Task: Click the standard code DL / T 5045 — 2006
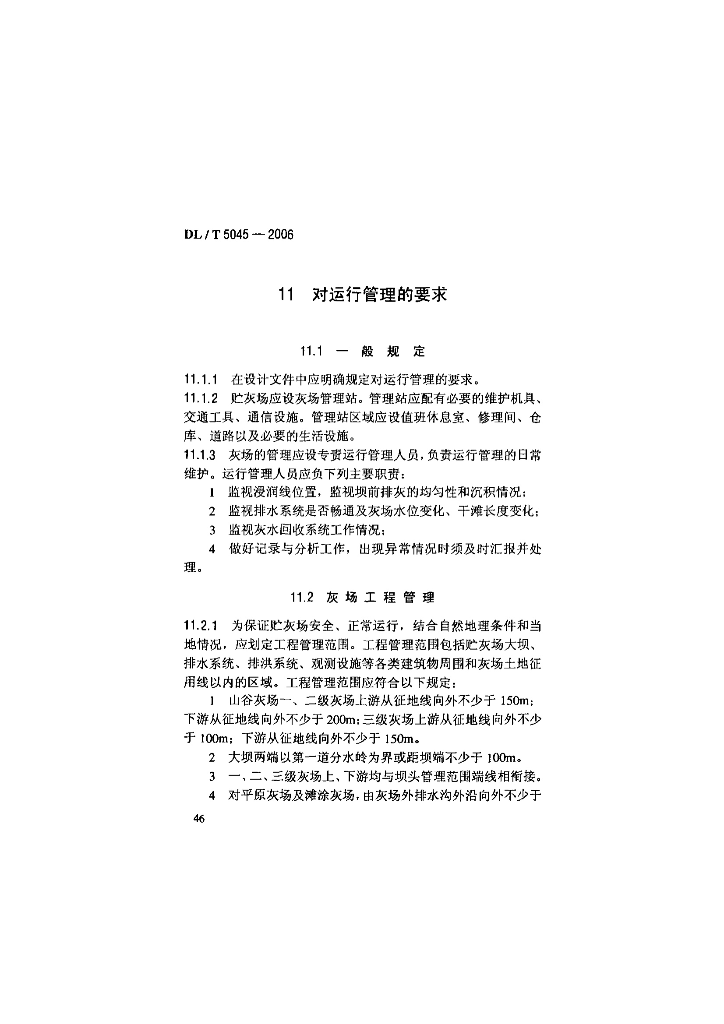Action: coord(239,235)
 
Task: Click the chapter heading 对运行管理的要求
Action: coord(379,295)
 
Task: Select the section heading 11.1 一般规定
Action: coord(363,352)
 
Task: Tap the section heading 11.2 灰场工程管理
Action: coord(362,598)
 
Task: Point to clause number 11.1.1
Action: coord(200,380)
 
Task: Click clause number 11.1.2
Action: coord(200,399)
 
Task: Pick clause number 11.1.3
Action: coord(200,455)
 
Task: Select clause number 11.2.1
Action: coord(200,626)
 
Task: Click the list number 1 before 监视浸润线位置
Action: coord(212,493)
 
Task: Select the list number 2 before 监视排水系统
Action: coord(212,512)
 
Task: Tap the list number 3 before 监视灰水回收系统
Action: coord(212,531)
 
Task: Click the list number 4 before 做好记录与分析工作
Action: coord(212,549)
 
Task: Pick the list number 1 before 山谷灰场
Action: coord(212,701)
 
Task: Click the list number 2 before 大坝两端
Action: coord(212,758)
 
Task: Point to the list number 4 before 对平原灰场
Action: coord(212,795)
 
